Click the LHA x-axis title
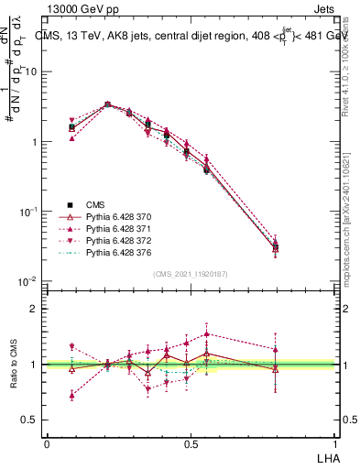point(326,456)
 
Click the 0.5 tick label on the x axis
point(191,442)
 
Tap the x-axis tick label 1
point(335,442)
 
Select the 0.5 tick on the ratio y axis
point(35,420)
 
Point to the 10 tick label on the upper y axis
point(33,71)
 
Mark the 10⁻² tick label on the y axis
point(31,280)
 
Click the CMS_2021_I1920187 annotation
point(191,274)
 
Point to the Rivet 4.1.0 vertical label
point(346,73)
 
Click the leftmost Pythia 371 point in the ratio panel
point(72,396)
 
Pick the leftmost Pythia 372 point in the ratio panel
point(72,347)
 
